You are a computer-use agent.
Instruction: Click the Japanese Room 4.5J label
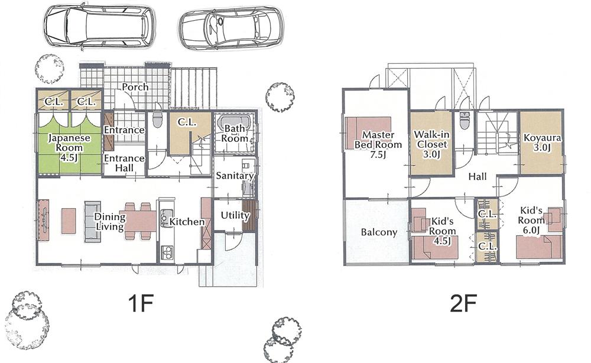coord(69,147)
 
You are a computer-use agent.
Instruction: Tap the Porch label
coord(135,87)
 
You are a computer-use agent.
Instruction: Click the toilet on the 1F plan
coord(157,121)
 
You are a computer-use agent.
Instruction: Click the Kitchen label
coord(187,222)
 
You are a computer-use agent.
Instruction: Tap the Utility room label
coord(235,215)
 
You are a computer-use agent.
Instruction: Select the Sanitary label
coord(234,176)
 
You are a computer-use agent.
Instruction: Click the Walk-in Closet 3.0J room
coord(431,144)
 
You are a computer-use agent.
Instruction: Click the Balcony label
coord(378,232)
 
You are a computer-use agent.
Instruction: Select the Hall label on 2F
coord(478,176)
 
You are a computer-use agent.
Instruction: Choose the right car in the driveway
coord(231,28)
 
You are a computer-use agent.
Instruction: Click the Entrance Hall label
coord(124,163)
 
